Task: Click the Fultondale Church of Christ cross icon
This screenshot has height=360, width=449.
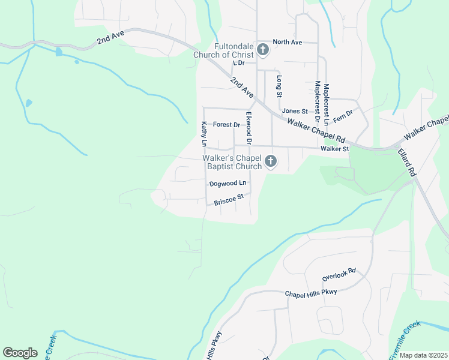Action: point(263,50)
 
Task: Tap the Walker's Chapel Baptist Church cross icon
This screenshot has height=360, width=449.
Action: point(271,161)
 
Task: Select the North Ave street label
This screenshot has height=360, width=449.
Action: point(287,42)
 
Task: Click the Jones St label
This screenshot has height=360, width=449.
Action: point(295,111)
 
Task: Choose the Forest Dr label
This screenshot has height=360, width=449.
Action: point(226,125)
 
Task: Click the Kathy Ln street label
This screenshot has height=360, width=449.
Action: point(204,134)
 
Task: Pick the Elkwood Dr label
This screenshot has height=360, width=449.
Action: point(249,127)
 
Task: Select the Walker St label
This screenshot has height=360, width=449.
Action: point(334,148)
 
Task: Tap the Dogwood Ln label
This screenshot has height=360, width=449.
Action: point(228,183)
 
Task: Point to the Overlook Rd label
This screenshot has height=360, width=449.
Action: point(339,275)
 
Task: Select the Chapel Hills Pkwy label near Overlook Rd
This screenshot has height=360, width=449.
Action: point(311,292)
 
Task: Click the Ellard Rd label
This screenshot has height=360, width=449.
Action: point(406,162)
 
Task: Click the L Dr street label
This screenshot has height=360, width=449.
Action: point(238,62)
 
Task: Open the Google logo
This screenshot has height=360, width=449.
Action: point(20,353)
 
